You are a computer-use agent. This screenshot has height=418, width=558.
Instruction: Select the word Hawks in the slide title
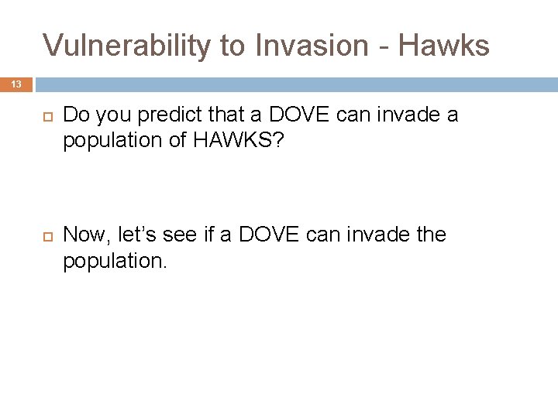(x=446, y=46)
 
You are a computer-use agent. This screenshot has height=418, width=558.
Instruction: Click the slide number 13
(x=15, y=84)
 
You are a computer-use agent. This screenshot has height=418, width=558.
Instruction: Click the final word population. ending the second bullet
(x=115, y=260)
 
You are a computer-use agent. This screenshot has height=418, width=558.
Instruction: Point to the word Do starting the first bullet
(x=75, y=115)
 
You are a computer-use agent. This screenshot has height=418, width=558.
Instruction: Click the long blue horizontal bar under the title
(x=294, y=84)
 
